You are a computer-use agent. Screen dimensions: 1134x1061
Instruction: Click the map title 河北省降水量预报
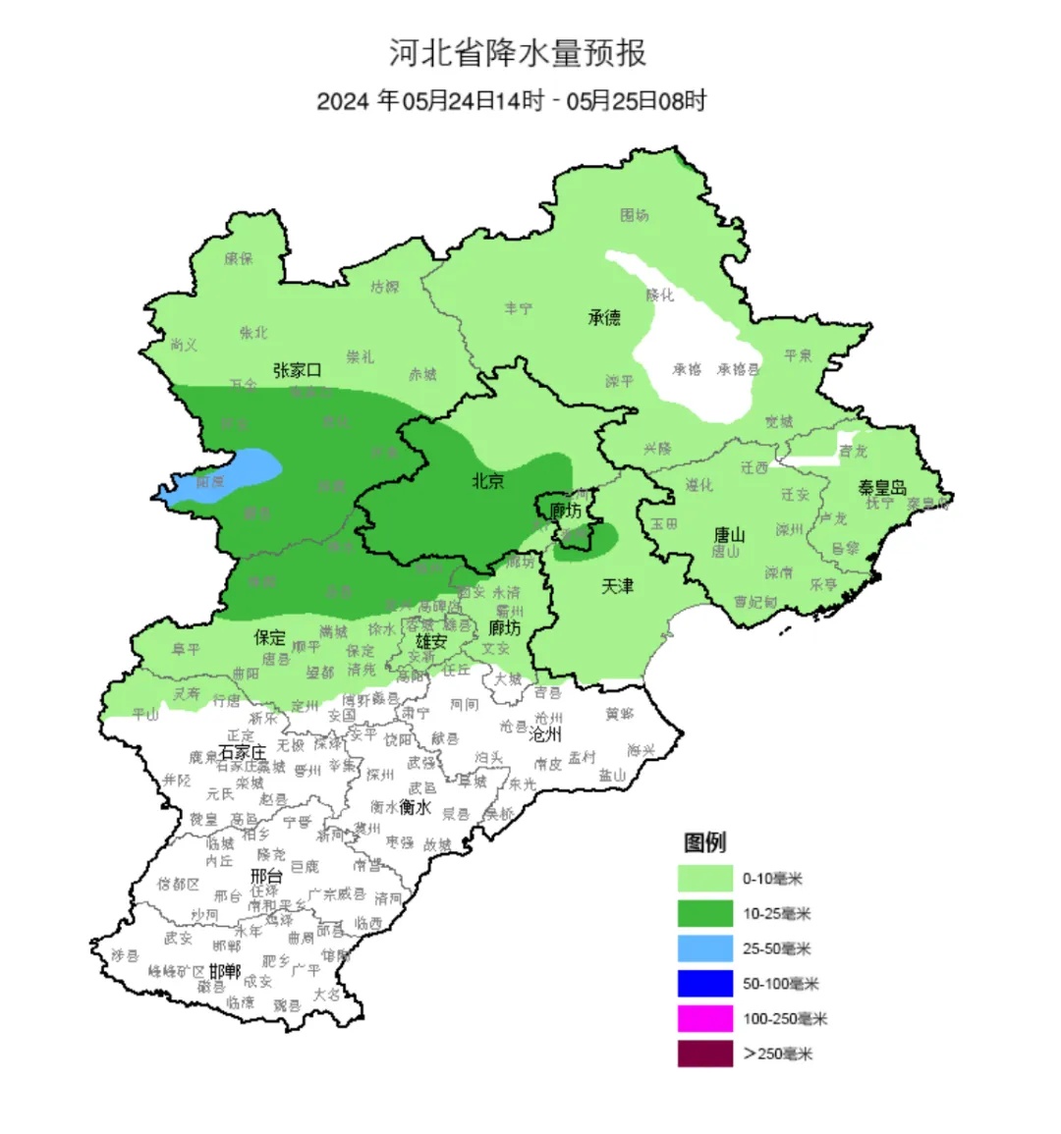coord(518,53)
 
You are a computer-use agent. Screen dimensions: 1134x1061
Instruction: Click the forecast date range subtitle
coord(512,101)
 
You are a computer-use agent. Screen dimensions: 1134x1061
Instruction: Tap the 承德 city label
coord(604,318)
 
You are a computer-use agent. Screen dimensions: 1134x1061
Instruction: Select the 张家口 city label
coord(298,370)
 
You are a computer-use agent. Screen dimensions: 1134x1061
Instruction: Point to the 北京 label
coord(488,481)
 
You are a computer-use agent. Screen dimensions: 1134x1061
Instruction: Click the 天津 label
coord(617,586)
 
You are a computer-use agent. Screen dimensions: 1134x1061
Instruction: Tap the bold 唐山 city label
coord(729,534)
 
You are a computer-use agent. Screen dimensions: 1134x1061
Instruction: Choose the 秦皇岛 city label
coord(881,488)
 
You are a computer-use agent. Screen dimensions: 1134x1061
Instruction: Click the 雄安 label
coord(431,641)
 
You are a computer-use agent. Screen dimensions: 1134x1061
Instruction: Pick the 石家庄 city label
coord(243,751)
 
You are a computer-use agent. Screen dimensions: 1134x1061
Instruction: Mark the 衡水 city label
coord(416,807)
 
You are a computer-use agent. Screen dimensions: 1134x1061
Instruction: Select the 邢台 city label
coord(266,876)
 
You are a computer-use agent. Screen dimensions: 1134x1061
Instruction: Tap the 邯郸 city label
coord(224,971)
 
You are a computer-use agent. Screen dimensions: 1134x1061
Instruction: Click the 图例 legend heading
coord(704,842)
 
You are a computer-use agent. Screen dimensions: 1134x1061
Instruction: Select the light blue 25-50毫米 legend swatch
coord(704,948)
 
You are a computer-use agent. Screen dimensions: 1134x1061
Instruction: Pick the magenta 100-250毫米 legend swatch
coord(704,1018)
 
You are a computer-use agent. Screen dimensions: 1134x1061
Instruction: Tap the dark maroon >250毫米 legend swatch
coord(704,1053)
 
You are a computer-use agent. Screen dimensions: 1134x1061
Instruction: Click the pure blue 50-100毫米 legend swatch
coord(704,984)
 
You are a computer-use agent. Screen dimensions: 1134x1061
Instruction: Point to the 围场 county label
coord(634,215)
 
